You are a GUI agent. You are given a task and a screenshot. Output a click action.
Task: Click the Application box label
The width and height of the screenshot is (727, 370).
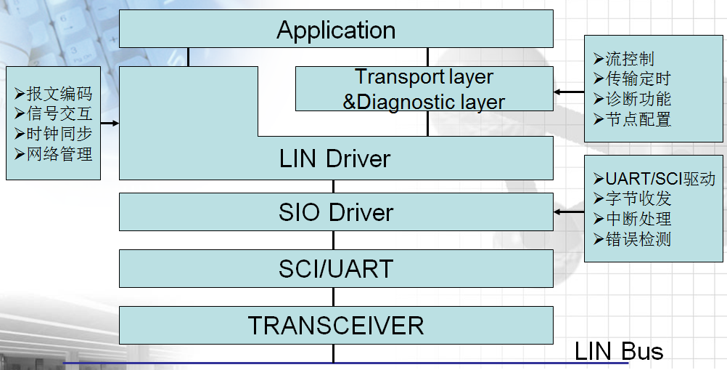[336, 31]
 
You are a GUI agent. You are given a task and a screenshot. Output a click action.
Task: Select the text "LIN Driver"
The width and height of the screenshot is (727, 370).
[334, 158]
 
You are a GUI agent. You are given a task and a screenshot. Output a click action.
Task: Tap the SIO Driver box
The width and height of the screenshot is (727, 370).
[336, 212]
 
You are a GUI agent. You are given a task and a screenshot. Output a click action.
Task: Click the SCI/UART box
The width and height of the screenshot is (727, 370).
[336, 269]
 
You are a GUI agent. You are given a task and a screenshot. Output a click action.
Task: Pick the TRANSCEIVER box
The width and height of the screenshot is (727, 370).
[336, 325]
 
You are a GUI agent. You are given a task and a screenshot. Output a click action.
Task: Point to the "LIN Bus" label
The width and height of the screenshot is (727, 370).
[619, 352]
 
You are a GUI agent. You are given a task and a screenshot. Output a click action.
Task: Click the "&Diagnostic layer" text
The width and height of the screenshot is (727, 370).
[424, 102]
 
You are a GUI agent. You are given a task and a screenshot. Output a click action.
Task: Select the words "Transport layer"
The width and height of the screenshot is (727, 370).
[424, 77]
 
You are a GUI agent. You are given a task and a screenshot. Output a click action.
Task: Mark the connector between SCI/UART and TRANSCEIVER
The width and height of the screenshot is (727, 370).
[334, 297]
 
